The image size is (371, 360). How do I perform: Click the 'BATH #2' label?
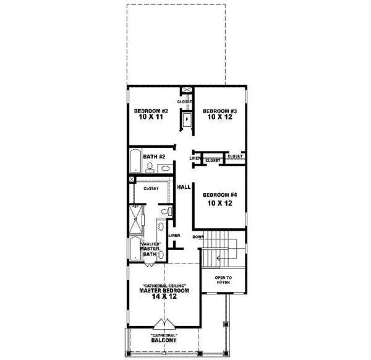coord(153,156)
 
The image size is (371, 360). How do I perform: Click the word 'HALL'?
coord(183,187)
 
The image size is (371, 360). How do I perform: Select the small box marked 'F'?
coord(185,118)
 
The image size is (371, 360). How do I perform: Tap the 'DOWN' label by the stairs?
coord(198,237)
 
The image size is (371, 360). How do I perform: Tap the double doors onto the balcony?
coord(164,325)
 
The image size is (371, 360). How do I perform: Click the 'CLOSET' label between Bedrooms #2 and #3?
coord(184,101)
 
